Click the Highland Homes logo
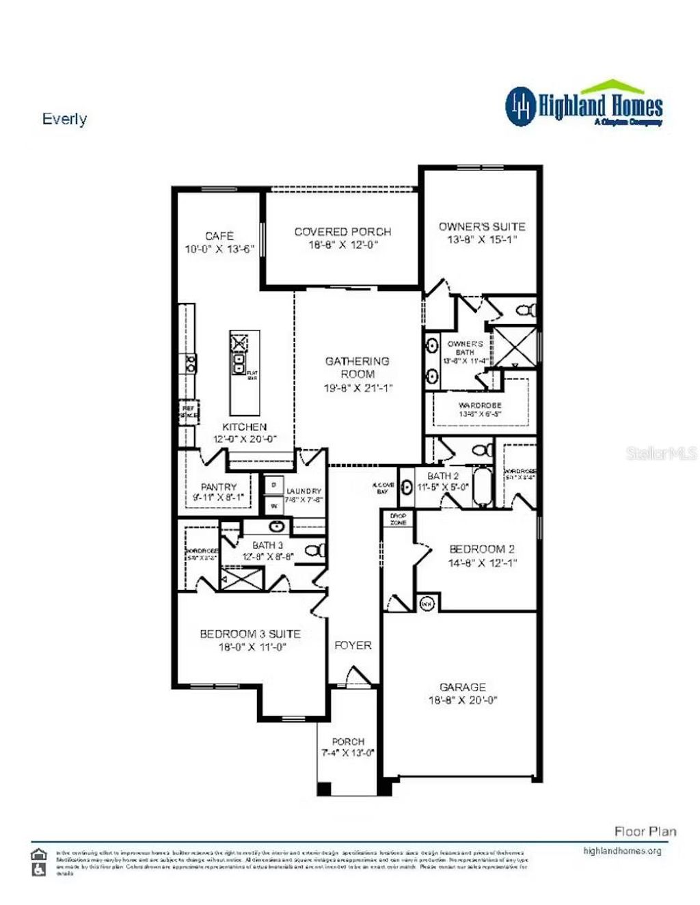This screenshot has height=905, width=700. click(584, 106)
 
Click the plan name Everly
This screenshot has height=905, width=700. click(64, 119)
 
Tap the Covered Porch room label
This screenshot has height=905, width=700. click(342, 232)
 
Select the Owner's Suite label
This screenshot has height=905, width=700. click(482, 226)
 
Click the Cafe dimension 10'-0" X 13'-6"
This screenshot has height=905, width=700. click(219, 249)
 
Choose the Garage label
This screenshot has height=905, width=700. click(463, 687)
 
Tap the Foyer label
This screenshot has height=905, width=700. click(353, 645)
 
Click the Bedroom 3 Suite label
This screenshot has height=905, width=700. click(250, 634)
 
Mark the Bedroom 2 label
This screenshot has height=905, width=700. click(482, 549)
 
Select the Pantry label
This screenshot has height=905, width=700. click(219, 487)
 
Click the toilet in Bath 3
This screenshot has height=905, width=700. click(315, 550)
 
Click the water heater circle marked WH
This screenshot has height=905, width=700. click(427, 604)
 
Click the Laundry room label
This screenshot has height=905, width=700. click(304, 491)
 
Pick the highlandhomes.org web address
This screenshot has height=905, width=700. click(622, 851)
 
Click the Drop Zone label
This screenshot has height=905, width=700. click(398, 519)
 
